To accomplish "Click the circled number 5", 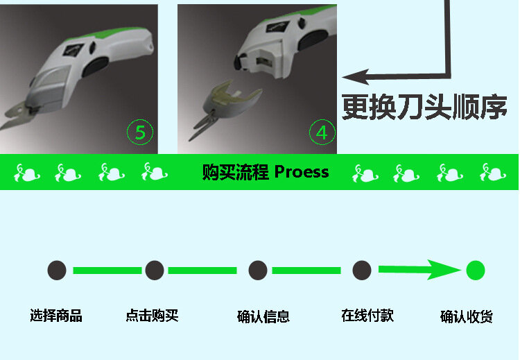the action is (140, 132).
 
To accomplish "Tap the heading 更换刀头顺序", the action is (424, 107).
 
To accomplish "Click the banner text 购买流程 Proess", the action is (266, 171).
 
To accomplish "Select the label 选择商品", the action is (56, 316).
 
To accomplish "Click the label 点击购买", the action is (153, 316).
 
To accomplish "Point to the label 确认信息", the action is (263, 317).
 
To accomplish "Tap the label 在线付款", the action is (367, 316).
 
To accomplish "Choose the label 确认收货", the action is (467, 317).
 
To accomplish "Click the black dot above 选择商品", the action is (57, 271).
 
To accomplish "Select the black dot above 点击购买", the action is (155, 271).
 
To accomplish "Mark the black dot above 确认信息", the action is (258, 271).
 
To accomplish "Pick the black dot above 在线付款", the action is (362, 271).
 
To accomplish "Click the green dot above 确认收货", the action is (475, 271).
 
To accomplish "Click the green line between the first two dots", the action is (106, 271).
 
